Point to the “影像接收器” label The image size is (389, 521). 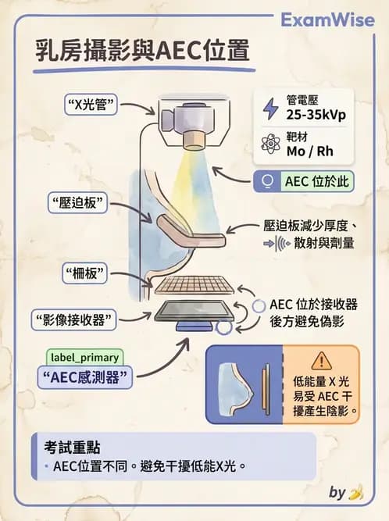pyautogui.click(x=75, y=319)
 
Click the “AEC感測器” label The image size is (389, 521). pyautogui.click(x=86, y=376)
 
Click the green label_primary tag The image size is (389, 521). pyautogui.click(x=84, y=357)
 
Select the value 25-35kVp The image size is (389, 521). pyautogui.click(x=316, y=115)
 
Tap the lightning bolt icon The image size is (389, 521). pyautogui.click(x=269, y=108)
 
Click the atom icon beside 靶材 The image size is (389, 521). pyautogui.click(x=271, y=143)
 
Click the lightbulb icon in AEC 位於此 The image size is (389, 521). pyautogui.click(x=269, y=182)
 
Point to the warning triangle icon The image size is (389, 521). pyautogui.click(x=321, y=360)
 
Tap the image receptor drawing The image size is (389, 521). pyautogui.click(x=195, y=312)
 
